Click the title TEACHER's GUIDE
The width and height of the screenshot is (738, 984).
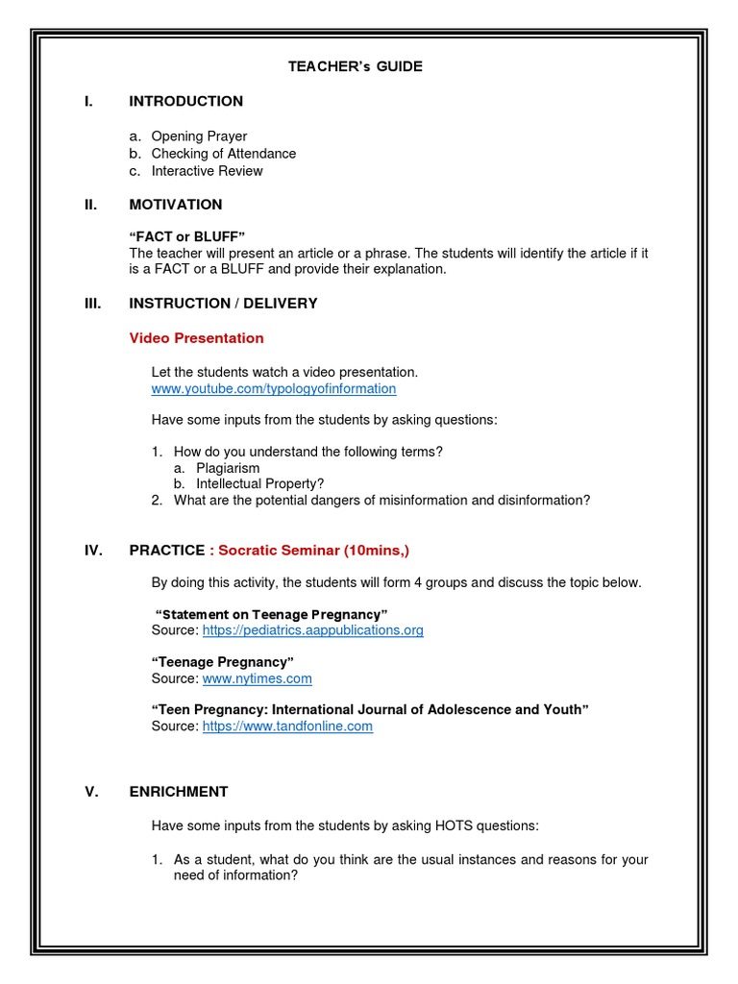(x=356, y=66)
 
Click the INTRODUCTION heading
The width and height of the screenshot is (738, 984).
(x=185, y=101)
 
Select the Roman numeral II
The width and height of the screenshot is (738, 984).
(x=92, y=204)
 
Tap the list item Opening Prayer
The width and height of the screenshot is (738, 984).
(x=199, y=136)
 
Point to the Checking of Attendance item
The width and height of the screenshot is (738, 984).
(x=223, y=154)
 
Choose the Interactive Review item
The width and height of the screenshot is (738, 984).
(x=207, y=171)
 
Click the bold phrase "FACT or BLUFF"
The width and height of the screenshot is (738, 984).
(x=188, y=236)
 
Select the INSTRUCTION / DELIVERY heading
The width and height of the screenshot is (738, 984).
(x=223, y=303)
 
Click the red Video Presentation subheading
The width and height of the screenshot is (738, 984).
(x=196, y=338)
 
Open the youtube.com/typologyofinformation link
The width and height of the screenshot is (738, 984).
(x=273, y=389)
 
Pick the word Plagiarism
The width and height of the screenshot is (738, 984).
(x=228, y=468)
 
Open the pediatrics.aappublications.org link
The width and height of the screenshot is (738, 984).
(x=312, y=630)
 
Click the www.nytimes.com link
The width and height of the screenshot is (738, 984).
(x=257, y=678)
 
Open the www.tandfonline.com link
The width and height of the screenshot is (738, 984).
(x=287, y=726)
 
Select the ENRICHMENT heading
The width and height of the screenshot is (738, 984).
(x=179, y=792)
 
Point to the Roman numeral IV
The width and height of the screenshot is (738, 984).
(x=93, y=551)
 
